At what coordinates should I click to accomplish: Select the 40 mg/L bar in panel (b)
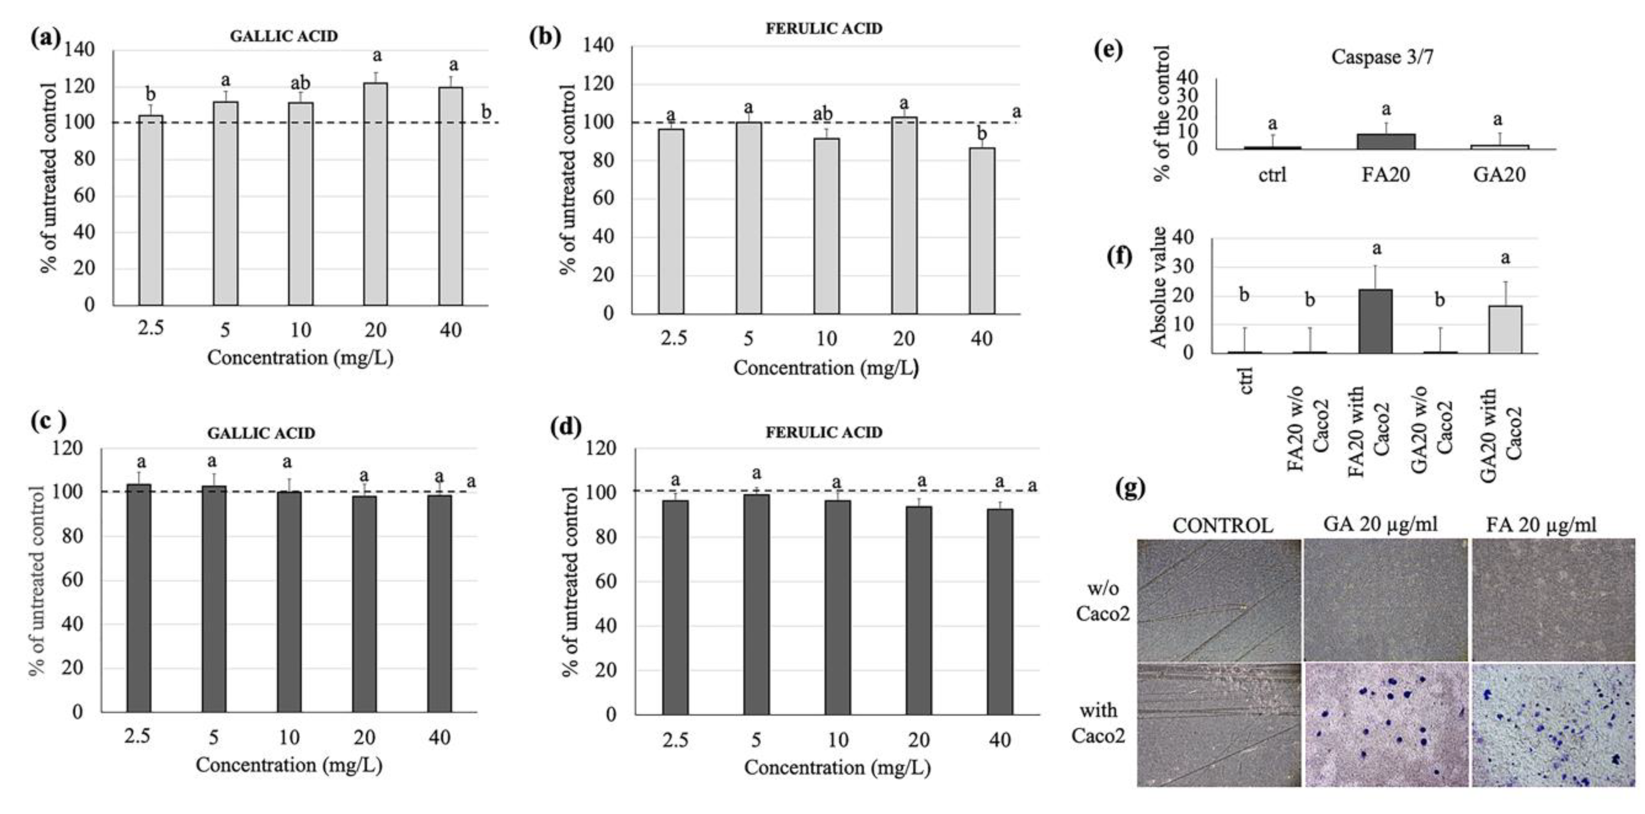[x=982, y=231]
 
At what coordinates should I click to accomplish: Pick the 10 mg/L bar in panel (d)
[x=837, y=607]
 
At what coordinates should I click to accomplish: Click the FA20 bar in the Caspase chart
[x=1386, y=142]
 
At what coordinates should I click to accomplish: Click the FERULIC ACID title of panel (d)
[x=824, y=432]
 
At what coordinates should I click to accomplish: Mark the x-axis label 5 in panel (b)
[x=749, y=338]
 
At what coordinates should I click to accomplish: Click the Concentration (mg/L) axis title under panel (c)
[x=289, y=765]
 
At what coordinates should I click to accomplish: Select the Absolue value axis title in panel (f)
[x=1159, y=287]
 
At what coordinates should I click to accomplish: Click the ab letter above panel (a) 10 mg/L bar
[x=300, y=83]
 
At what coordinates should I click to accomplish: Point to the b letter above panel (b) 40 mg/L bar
[x=982, y=133]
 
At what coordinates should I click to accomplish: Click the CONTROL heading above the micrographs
[x=1222, y=525]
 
